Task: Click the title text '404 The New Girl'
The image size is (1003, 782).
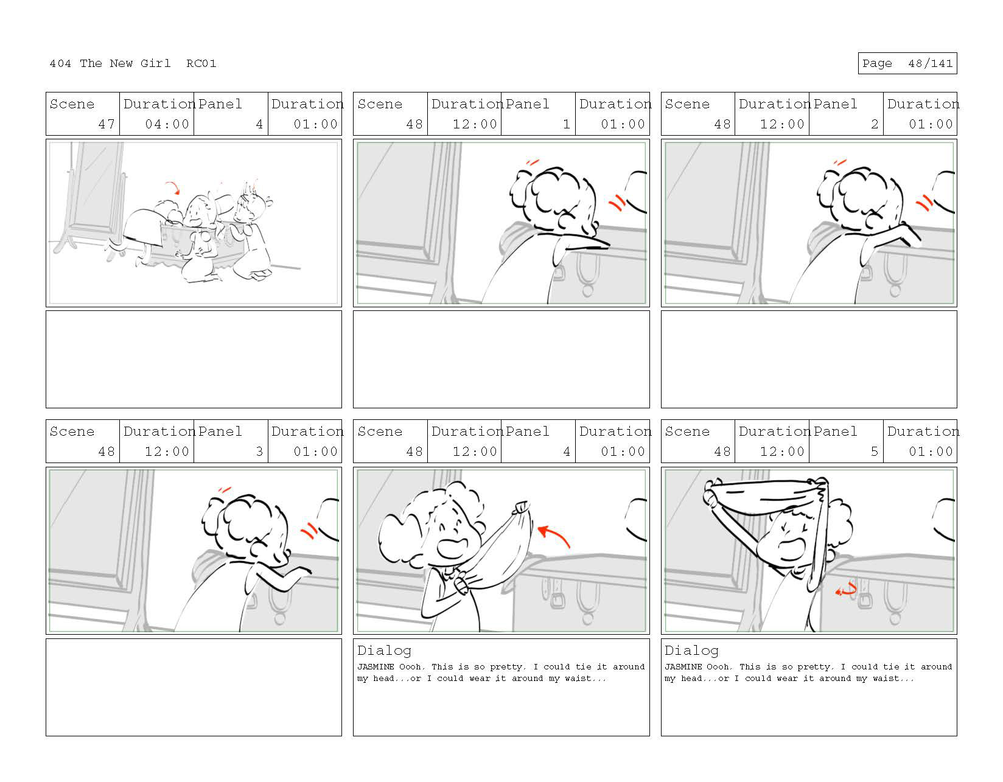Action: (110, 63)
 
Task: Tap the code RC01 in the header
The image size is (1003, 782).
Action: (201, 63)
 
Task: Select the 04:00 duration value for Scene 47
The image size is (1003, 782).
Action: (167, 124)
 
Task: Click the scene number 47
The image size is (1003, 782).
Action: (106, 124)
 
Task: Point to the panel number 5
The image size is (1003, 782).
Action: (874, 451)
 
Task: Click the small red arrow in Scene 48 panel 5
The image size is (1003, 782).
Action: (845, 590)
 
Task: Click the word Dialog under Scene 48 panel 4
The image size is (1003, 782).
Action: (384, 651)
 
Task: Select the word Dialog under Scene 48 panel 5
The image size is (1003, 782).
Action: (691, 651)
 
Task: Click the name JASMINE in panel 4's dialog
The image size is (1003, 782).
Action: (376, 666)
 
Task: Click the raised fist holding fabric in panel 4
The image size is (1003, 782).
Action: (522, 507)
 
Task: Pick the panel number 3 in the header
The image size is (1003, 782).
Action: (259, 451)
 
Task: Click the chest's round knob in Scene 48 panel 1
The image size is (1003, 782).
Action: (587, 291)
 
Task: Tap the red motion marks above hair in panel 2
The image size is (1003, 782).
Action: (840, 162)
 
